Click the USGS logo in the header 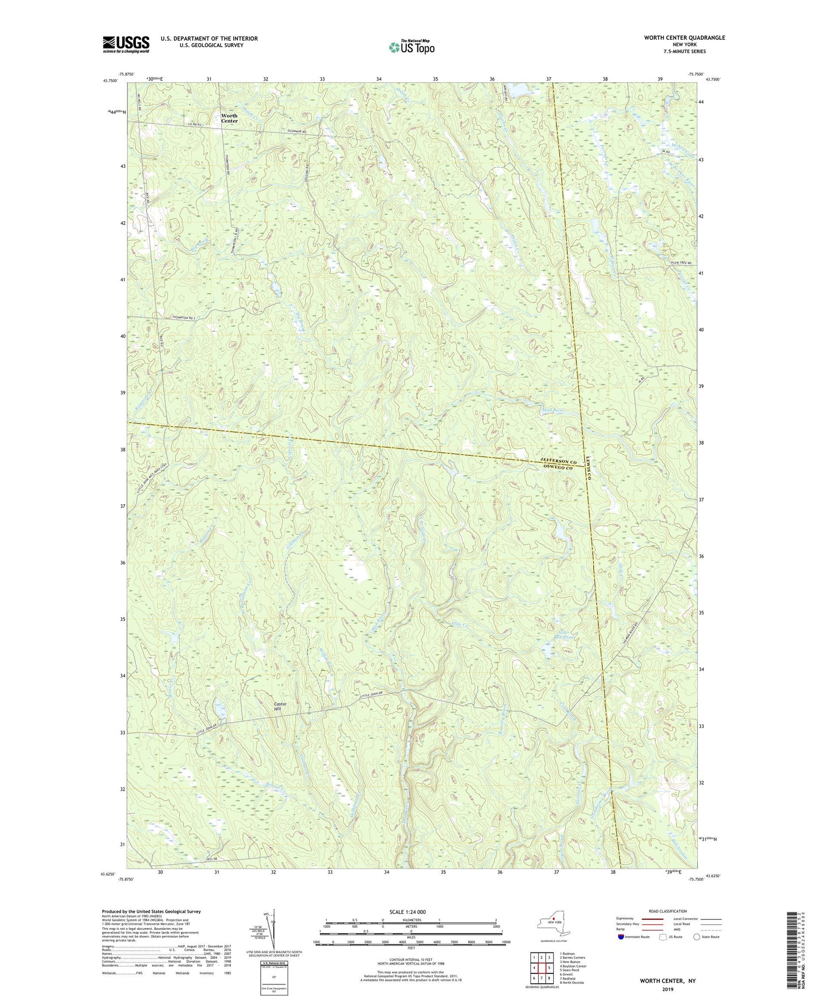(x=126, y=44)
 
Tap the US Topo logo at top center (x=411, y=47)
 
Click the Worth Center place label (x=229, y=118)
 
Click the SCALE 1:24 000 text (x=411, y=912)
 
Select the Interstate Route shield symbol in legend (x=621, y=936)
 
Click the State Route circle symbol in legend (x=697, y=936)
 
